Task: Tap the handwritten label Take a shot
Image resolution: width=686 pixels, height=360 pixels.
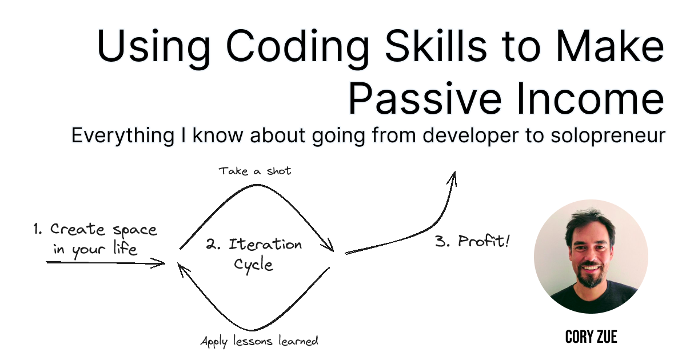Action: coord(254,171)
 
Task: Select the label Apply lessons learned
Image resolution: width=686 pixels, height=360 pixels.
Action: coord(259,341)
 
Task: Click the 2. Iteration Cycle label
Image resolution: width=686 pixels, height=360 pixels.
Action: coord(254,254)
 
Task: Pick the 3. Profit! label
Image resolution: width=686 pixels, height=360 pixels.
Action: coord(472,241)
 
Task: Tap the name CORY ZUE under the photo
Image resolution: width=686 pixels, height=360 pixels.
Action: coord(591,337)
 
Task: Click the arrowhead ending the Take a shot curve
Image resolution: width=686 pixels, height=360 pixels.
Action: coord(329,246)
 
